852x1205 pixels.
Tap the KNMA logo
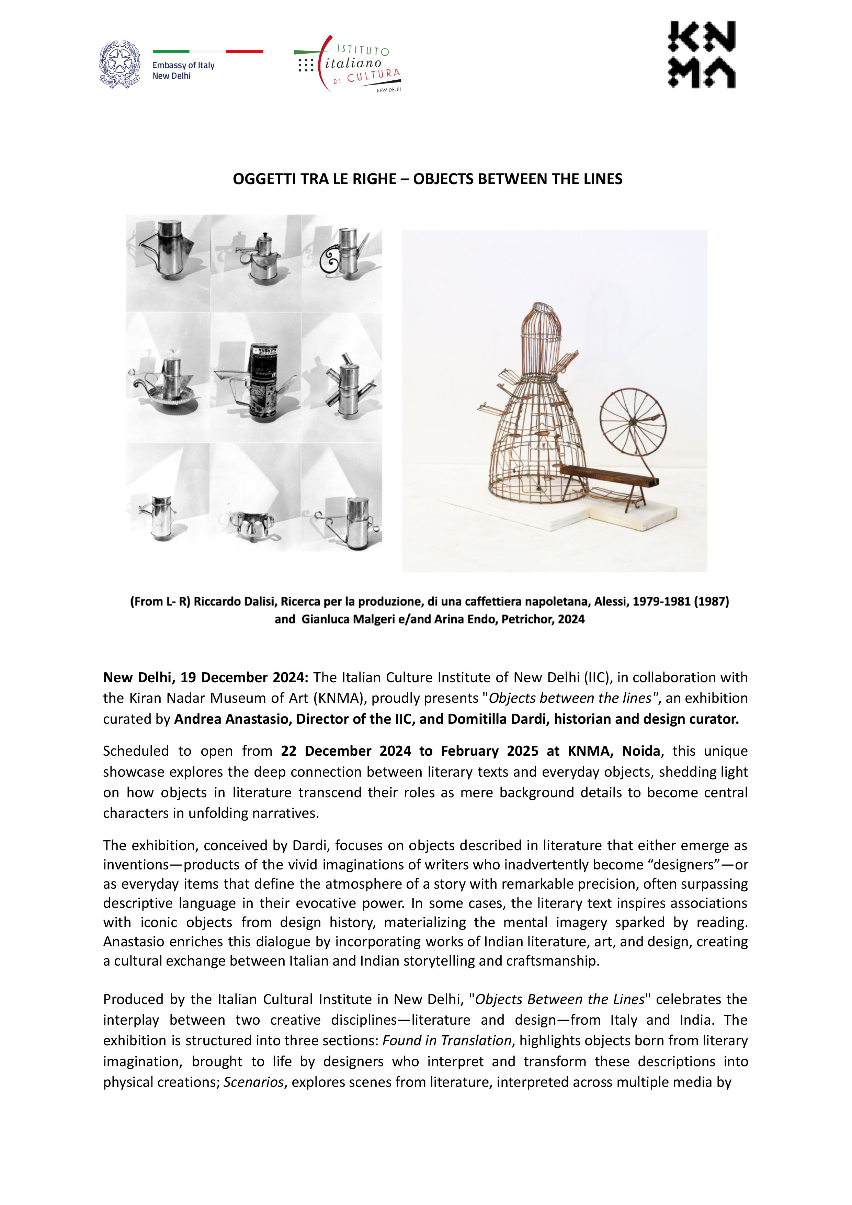pos(702,55)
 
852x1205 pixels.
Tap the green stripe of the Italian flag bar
pos(171,52)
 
